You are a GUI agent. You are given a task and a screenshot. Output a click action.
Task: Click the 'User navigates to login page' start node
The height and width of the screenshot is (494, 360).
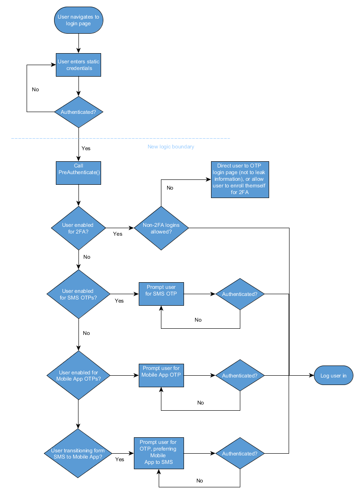[78, 20]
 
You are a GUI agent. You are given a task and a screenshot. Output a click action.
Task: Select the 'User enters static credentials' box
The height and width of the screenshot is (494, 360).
[78, 65]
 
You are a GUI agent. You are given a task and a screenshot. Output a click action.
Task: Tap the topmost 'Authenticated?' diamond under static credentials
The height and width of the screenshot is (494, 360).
[78, 112]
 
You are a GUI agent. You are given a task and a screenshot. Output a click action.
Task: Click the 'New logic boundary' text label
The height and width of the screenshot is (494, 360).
[171, 147]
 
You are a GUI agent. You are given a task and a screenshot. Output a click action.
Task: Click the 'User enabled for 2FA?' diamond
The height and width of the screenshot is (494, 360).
[78, 228]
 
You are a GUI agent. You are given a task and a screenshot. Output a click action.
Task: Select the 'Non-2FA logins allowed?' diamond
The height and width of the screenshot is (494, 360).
[161, 228]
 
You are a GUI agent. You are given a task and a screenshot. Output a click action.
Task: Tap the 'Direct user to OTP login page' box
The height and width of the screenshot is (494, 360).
[239, 179]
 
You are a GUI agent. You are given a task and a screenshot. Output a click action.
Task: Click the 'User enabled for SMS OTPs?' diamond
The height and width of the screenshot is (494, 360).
[78, 294]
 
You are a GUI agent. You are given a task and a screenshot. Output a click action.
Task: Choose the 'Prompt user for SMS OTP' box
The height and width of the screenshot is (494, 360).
[161, 294]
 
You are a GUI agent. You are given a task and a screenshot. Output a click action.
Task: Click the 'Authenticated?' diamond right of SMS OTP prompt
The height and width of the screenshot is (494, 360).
[239, 294]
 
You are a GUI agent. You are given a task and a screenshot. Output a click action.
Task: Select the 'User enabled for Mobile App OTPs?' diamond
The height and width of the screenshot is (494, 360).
[78, 376]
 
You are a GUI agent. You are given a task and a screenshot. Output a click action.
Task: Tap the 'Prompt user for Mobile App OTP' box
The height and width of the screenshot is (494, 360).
[161, 375]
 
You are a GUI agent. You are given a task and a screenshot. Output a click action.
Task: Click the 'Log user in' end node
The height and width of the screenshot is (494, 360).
[333, 376]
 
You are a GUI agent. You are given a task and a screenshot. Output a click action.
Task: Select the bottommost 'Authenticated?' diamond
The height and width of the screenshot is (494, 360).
[239, 454]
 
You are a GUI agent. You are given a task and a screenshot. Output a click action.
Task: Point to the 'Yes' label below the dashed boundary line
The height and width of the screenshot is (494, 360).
[86, 148]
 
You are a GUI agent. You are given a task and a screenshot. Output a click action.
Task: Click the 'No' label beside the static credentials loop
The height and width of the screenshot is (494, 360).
[35, 89]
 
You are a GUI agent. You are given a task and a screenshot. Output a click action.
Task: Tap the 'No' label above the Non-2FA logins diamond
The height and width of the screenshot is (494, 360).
[170, 188]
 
